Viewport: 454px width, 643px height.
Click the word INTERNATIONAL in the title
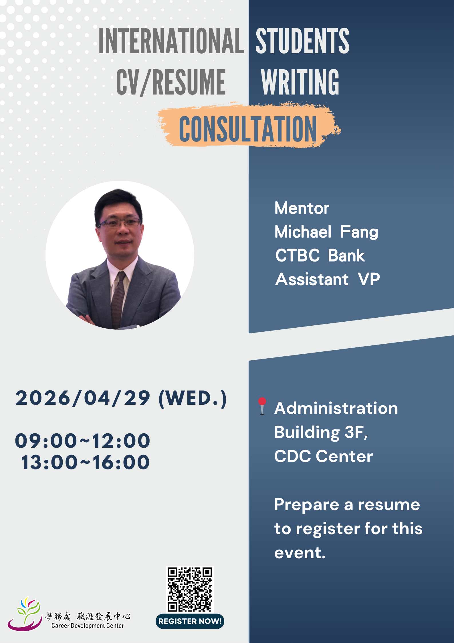coord(171,41)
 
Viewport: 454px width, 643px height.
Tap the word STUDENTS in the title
coord(302,41)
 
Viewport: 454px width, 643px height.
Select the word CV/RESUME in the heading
coord(171,82)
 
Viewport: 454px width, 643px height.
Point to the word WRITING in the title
coord(300,82)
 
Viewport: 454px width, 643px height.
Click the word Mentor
coord(302,208)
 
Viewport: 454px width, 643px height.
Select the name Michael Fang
coord(326,232)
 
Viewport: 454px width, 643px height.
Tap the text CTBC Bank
coord(320,255)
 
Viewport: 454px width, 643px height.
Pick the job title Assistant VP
coord(328,279)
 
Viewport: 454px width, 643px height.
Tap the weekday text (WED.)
coord(193,398)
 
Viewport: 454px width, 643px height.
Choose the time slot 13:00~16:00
coord(85,462)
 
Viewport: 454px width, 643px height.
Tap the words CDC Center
coord(324,456)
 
